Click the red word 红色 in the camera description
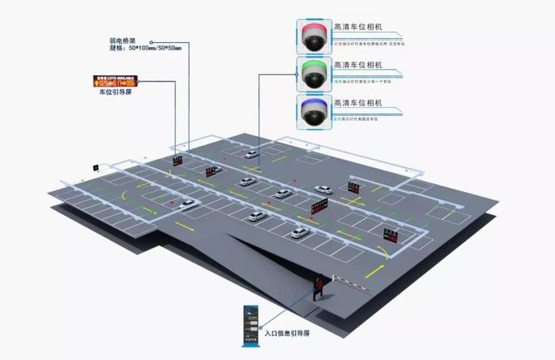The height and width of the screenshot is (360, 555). pyautogui.click(x=337, y=41)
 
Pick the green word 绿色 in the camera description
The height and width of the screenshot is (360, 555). pyautogui.click(x=337, y=80)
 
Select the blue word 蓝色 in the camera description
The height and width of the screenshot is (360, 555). pyautogui.click(x=337, y=118)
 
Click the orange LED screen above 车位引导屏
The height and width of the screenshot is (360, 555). pyautogui.click(x=114, y=81)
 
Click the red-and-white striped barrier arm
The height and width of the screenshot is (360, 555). pyautogui.click(x=348, y=281)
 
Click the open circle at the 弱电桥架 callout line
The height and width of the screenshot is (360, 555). pyautogui.click(x=150, y=42)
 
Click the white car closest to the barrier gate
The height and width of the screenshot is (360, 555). pyautogui.click(x=299, y=233)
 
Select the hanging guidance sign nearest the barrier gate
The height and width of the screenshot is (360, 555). pyautogui.click(x=391, y=235)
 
